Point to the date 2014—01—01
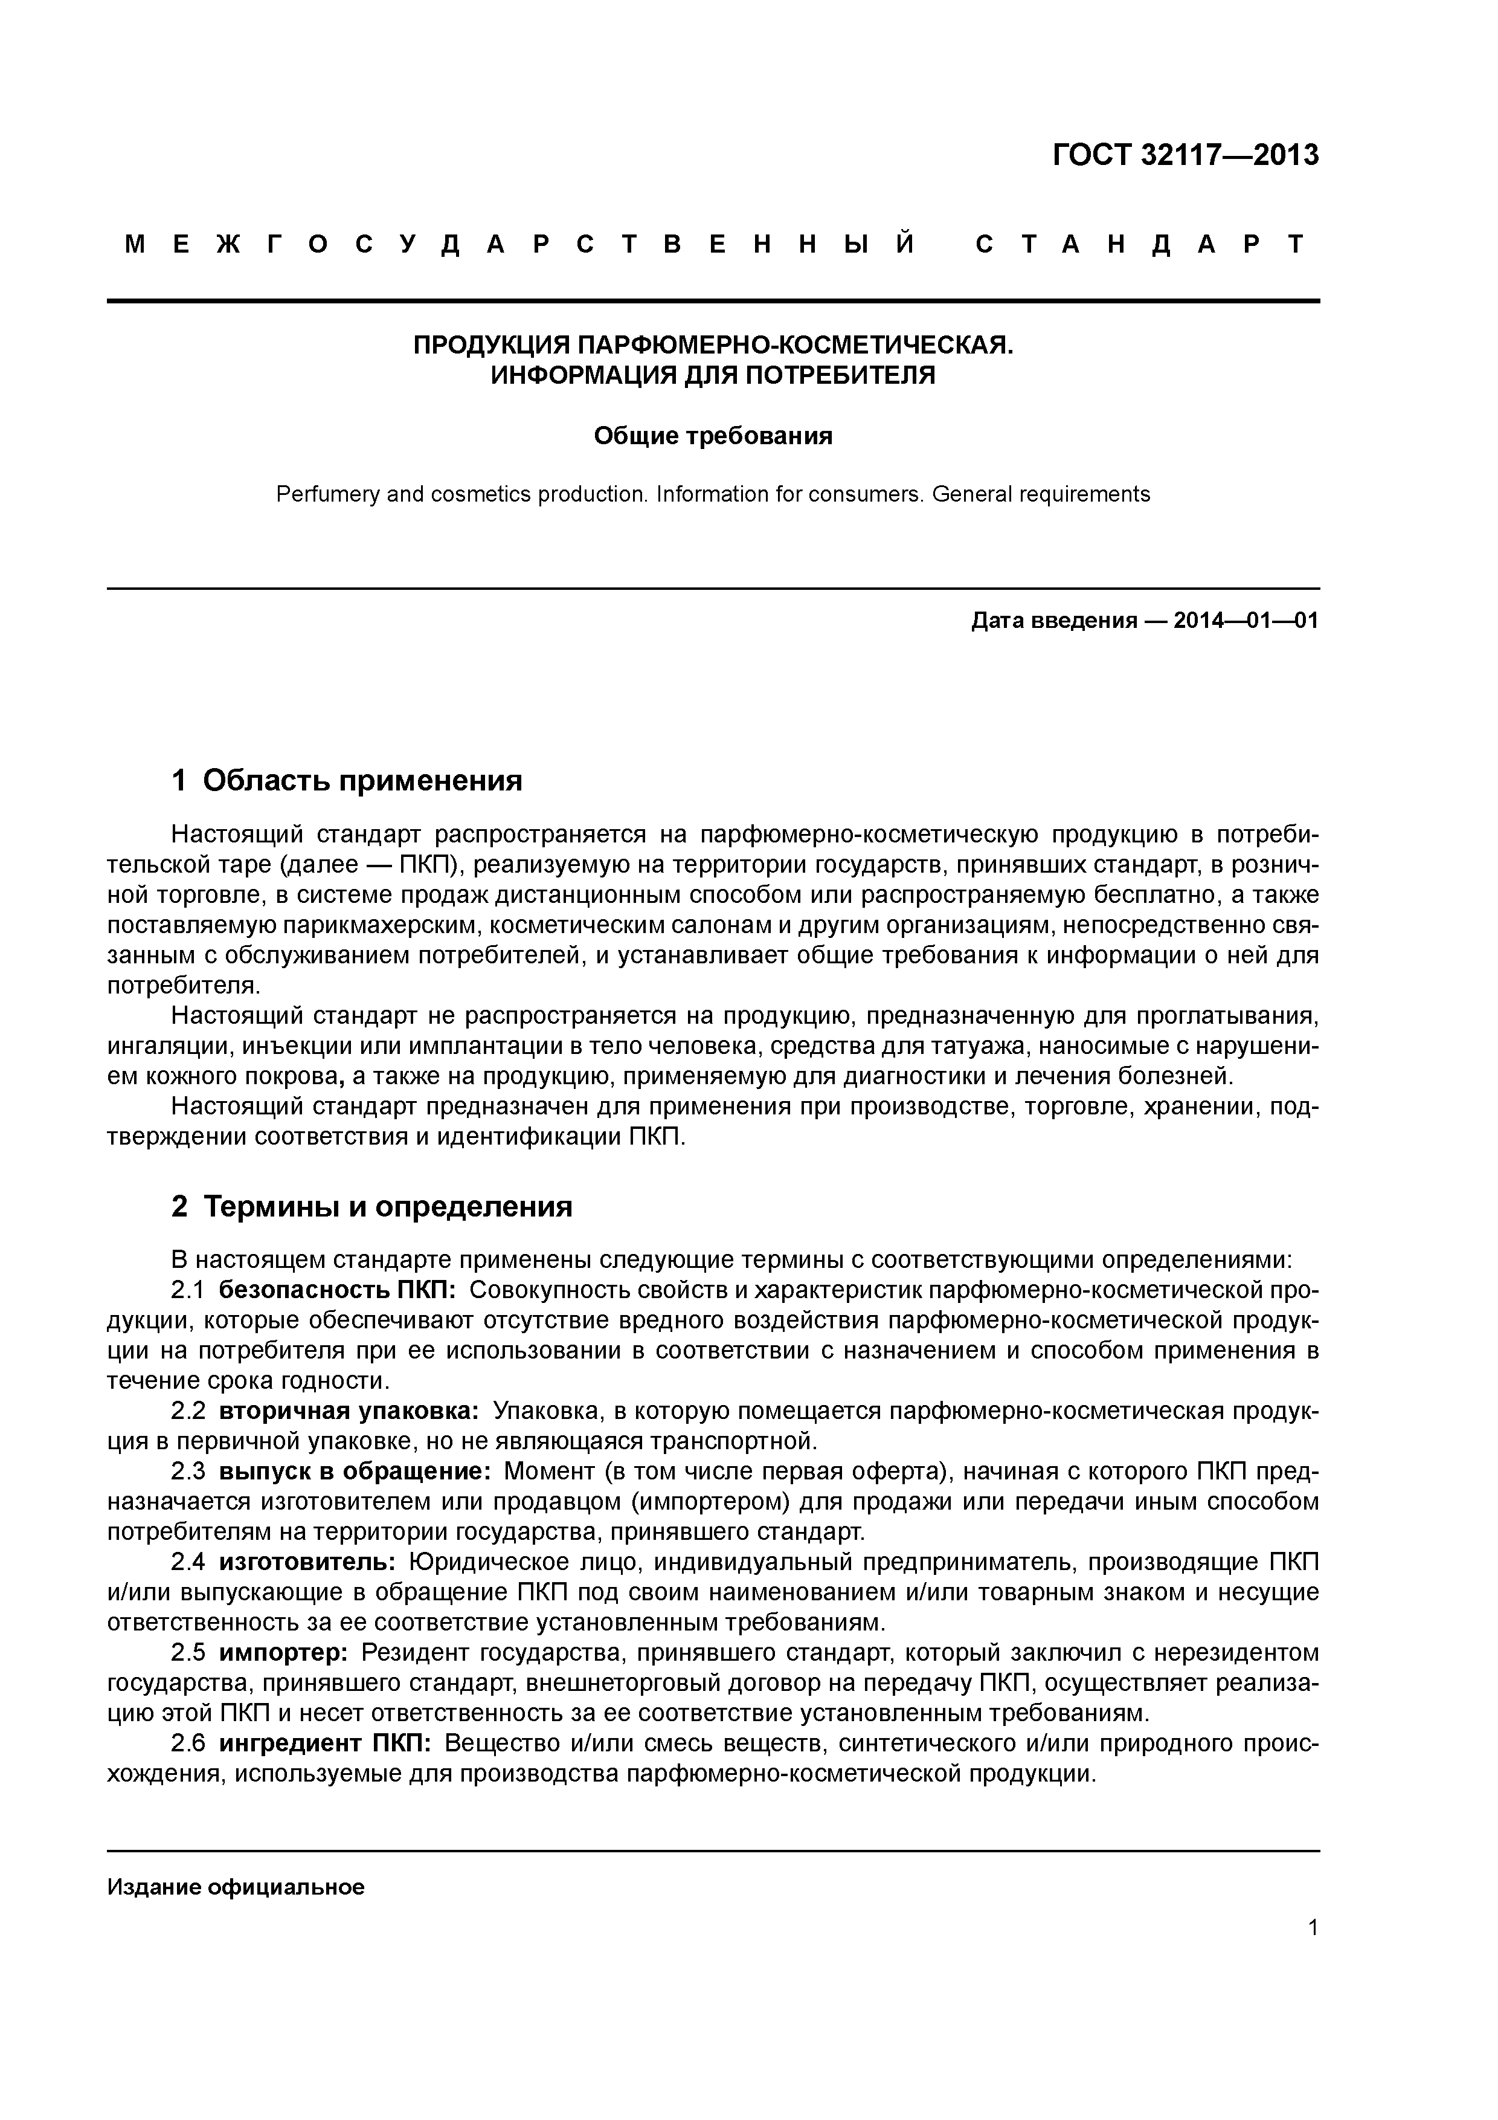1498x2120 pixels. click(x=1246, y=621)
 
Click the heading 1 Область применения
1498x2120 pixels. click(x=347, y=781)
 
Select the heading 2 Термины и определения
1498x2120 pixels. click(x=372, y=1207)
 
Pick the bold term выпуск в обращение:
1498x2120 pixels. click(x=355, y=1472)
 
